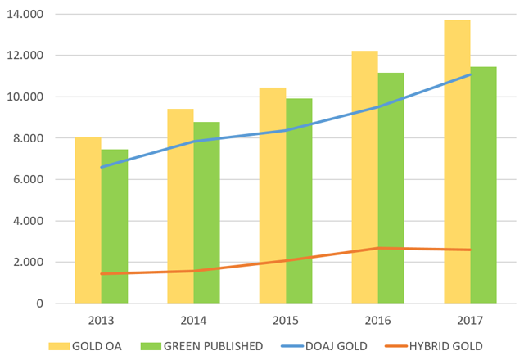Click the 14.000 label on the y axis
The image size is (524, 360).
coord(28,15)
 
